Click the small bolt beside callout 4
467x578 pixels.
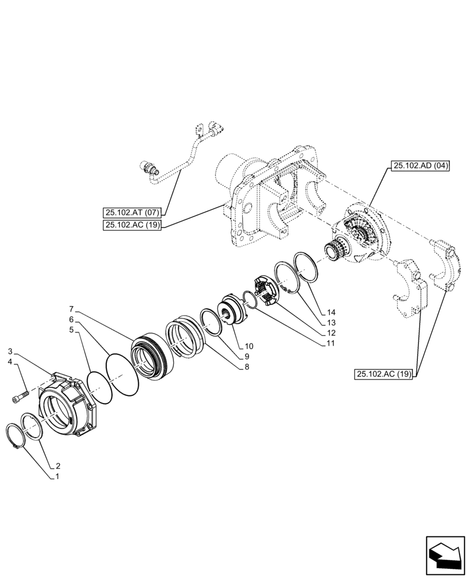point(20,397)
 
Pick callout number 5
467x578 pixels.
point(71,330)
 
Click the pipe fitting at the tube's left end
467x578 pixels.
point(150,169)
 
